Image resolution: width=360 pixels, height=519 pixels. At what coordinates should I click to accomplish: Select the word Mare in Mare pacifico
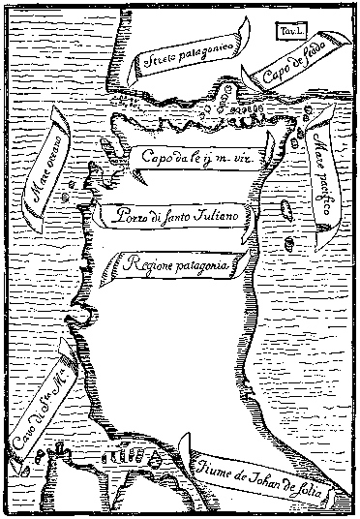pyautogui.click(x=318, y=150)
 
